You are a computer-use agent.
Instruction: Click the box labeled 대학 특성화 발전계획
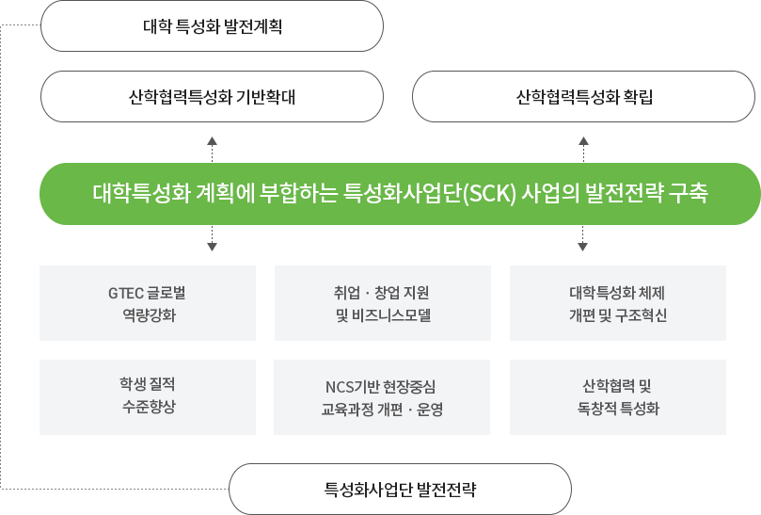212,25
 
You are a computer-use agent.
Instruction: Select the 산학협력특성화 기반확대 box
212,96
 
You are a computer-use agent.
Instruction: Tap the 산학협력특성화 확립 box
583,96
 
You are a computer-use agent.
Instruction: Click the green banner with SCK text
400,194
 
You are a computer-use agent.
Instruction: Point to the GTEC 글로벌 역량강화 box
148,303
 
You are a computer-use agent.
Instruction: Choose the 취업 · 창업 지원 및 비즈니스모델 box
383,303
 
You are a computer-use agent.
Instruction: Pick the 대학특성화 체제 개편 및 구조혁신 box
618,303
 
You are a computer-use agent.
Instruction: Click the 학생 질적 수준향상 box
148,397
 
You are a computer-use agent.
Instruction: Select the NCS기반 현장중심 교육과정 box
382,397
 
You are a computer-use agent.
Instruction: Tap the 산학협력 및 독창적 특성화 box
618,397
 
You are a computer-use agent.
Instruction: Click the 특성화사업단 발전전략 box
400,489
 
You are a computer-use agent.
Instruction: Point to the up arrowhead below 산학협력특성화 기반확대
212,141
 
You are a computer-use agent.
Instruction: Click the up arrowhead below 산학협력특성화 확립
583,141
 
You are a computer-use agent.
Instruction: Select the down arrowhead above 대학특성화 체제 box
583,247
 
